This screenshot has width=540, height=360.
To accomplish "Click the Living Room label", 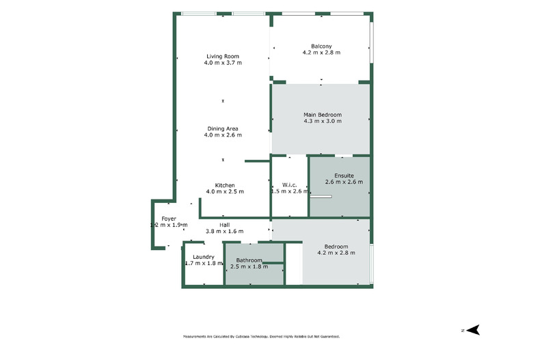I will [223, 56].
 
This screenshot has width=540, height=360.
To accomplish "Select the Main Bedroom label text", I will [322, 114].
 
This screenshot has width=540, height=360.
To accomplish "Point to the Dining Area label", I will [223, 128].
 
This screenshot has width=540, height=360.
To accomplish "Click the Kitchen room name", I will [225, 185].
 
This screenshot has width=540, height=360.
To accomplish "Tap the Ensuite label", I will [344, 176].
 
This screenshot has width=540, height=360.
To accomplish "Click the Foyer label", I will [169, 219].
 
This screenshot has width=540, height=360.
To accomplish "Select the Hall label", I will [225, 225].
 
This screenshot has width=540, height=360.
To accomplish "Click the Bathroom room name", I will [249, 260].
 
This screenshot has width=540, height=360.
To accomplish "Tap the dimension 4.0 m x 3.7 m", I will [223, 63].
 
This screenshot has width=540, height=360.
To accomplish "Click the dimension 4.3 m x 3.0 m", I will [322, 121].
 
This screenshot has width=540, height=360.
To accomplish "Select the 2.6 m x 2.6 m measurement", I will [344, 182].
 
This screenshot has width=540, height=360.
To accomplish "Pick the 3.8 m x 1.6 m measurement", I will [225, 232].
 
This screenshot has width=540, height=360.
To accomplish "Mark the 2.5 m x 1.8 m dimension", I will [249, 266].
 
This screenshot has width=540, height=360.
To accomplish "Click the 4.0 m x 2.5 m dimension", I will [225, 191].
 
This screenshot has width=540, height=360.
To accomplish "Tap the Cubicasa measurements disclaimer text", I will [261, 337].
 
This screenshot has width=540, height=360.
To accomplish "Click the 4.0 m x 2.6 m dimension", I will [223, 135].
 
